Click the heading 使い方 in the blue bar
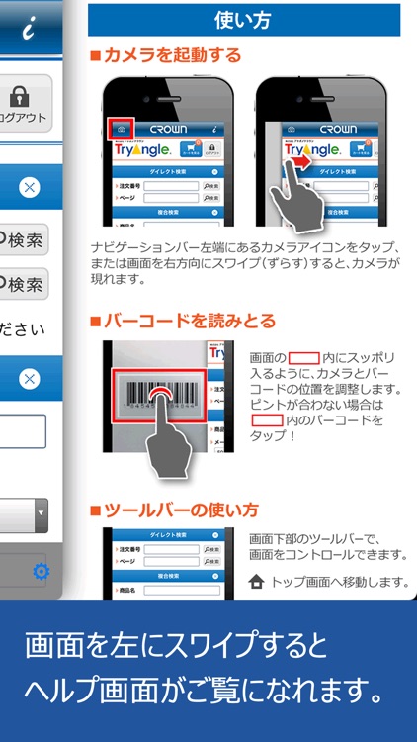tap(243, 19)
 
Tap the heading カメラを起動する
tap(172, 55)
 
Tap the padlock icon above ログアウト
tap(18, 96)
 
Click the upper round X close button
tap(30, 187)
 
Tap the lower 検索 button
tap(22, 285)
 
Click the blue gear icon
tap(41, 571)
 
